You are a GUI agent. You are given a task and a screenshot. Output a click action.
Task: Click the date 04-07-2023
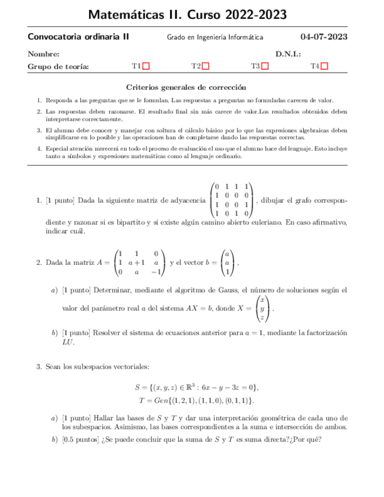point(324,37)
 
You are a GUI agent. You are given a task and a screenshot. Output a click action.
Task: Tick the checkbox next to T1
point(147,66)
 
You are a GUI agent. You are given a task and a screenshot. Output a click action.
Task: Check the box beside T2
point(206,66)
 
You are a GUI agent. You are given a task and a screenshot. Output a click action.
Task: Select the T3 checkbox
point(265,66)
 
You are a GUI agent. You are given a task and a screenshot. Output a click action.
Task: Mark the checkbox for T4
point(325,66)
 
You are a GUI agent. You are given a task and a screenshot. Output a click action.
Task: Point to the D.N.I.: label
point(288,55)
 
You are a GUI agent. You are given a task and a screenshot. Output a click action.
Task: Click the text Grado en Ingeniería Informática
point(215,38)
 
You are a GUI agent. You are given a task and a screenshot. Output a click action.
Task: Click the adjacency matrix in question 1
point(231,200)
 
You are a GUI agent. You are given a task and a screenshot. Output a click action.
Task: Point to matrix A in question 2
point(140,263)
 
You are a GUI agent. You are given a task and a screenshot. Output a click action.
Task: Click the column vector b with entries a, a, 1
point(227,263)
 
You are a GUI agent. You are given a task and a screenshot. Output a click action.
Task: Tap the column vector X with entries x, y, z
point(264,308)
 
